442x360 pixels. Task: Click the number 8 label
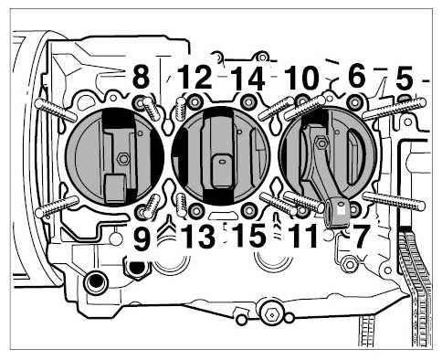[141, 78]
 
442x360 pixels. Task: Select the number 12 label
[195, 78]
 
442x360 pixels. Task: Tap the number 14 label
[248, 79]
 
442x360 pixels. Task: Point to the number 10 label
[301, 79]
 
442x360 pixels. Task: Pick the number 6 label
[357, 76]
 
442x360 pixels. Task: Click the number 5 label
[405, 79]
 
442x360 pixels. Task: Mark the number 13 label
[199, 237]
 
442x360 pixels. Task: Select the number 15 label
[250, 236]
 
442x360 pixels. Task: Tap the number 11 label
[303, 237]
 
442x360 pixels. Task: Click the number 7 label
[361, 237]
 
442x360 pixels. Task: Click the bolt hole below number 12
[195, 102]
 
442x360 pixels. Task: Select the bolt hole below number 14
[247, 102]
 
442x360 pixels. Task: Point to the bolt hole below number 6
[354, 102]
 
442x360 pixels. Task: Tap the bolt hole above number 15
[249, 210]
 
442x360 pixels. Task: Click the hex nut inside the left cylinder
[123, 158]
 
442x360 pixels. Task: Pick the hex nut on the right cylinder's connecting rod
[321, 143]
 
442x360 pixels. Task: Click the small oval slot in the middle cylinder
[223, 160]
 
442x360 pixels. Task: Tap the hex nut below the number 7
[349, 264]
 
